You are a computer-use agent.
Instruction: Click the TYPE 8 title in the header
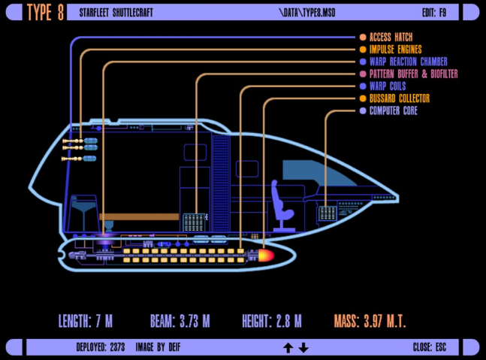tap(45, 14)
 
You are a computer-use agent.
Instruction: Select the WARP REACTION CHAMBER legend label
tap(408, 62)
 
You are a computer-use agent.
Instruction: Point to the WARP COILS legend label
tap(388, 86)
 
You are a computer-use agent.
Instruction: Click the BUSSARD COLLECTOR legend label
tap(399, 98)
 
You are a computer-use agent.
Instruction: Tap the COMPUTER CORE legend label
tap(393, 111)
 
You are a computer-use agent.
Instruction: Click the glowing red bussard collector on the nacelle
tap(266, 256)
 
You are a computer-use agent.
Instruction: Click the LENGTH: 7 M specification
tap(86, 322)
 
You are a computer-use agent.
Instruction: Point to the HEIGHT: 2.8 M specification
tap(272, 322)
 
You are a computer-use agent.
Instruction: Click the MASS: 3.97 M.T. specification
tap(370, 322)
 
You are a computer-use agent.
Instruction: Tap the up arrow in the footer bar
tap(288, 347)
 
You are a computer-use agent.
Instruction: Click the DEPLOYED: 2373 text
tap(101, 347)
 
